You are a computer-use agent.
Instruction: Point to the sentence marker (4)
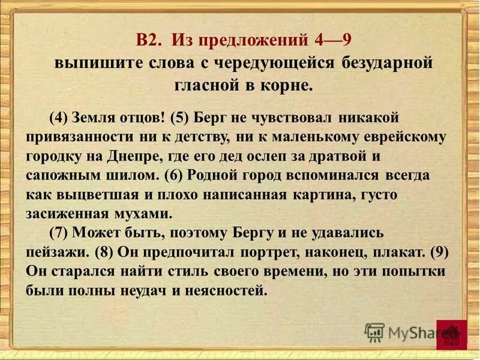[59, 117]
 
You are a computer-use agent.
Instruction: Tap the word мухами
[147, 214]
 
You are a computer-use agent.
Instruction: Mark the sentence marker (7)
[59, 233]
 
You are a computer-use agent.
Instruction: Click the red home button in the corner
[451, 335]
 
